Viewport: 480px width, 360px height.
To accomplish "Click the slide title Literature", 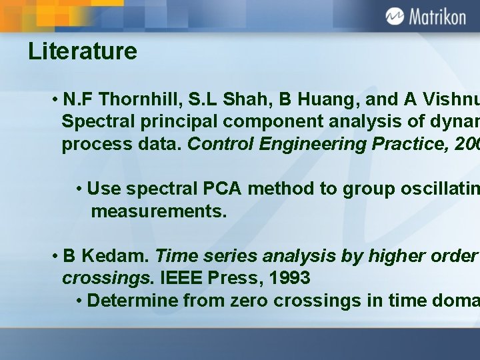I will point(83,51).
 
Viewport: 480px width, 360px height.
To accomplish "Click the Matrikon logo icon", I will point(395,16).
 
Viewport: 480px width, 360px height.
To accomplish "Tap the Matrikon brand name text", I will point(437,17).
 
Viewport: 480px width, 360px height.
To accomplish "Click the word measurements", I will point(159,212).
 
